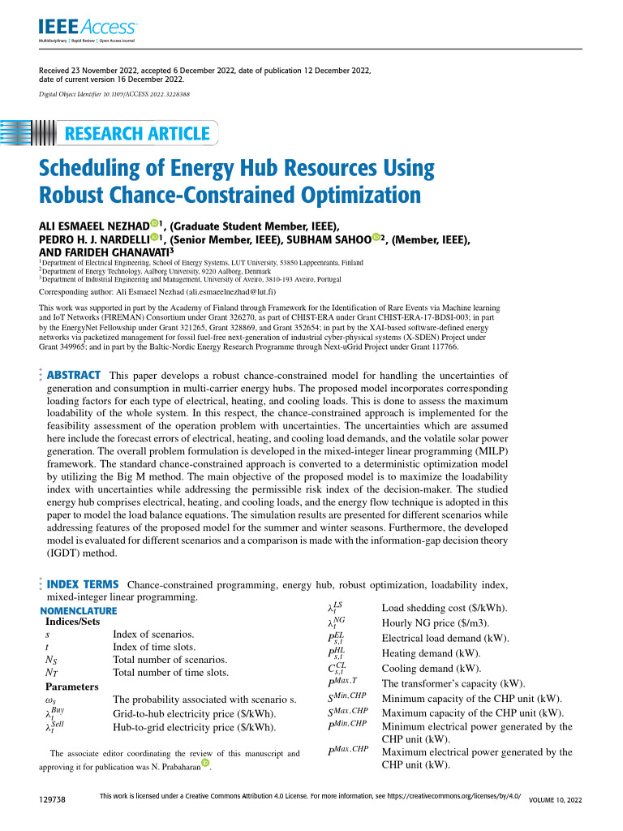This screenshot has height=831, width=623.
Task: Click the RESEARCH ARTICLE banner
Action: tap(137, 134)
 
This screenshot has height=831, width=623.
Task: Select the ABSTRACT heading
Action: tap(74, 375)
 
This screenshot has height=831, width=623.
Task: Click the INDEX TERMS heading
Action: tap(84, 584)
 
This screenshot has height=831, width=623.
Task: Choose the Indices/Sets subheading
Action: tap(73, 622)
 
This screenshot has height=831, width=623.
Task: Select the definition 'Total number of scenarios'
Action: tap(170, 660)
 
